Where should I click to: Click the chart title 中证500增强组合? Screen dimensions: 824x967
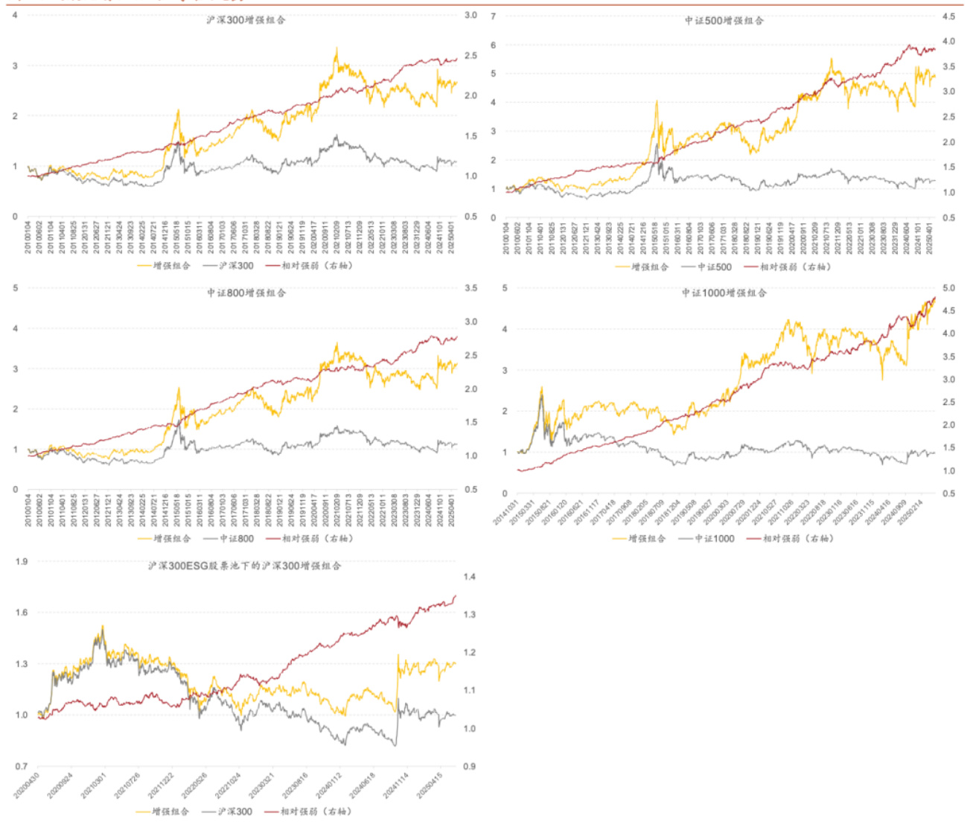[x=724, y=21]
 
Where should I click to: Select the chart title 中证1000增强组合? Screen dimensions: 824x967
[x=724, y=293]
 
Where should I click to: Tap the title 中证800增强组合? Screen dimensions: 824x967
[x=246, y=293]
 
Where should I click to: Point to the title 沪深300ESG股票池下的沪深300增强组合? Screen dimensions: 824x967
[x=244, y=566]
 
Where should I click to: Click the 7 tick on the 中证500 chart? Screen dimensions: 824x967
[x=494, y=16]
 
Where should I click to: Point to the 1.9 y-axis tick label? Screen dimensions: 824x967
[x=22, y=562]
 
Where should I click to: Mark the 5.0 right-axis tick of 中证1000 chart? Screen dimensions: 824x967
[x=948, y=288]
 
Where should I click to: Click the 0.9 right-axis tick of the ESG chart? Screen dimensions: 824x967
[x=469, y=766]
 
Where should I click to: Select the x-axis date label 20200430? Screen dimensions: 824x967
[x=28, y=785]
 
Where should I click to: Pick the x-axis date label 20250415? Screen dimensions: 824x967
[x=430, y=785]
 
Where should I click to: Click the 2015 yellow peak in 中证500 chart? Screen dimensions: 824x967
[x=657, y=102]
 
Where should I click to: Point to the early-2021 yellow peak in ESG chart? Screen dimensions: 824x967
[x=102, y=627]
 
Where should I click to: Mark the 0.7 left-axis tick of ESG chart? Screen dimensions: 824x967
[x=22, y=766]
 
